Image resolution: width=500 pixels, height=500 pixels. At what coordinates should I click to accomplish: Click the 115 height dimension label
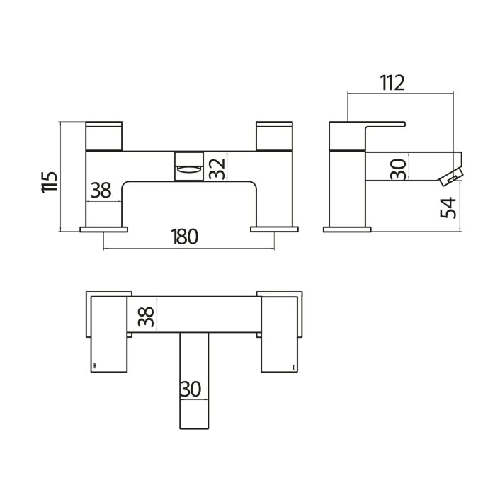48,182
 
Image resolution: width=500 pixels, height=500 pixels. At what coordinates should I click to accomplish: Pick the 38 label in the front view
101,190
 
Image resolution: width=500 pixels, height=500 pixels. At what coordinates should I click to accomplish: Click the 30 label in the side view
398,169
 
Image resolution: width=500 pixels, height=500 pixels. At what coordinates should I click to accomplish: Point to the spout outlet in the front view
188,167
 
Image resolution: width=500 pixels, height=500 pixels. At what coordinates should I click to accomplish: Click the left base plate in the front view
104,229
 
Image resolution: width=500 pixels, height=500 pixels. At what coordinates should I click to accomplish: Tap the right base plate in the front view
275,229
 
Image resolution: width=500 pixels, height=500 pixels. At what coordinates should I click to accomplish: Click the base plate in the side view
347,229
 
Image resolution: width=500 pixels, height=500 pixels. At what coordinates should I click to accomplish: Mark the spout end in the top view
195,418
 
